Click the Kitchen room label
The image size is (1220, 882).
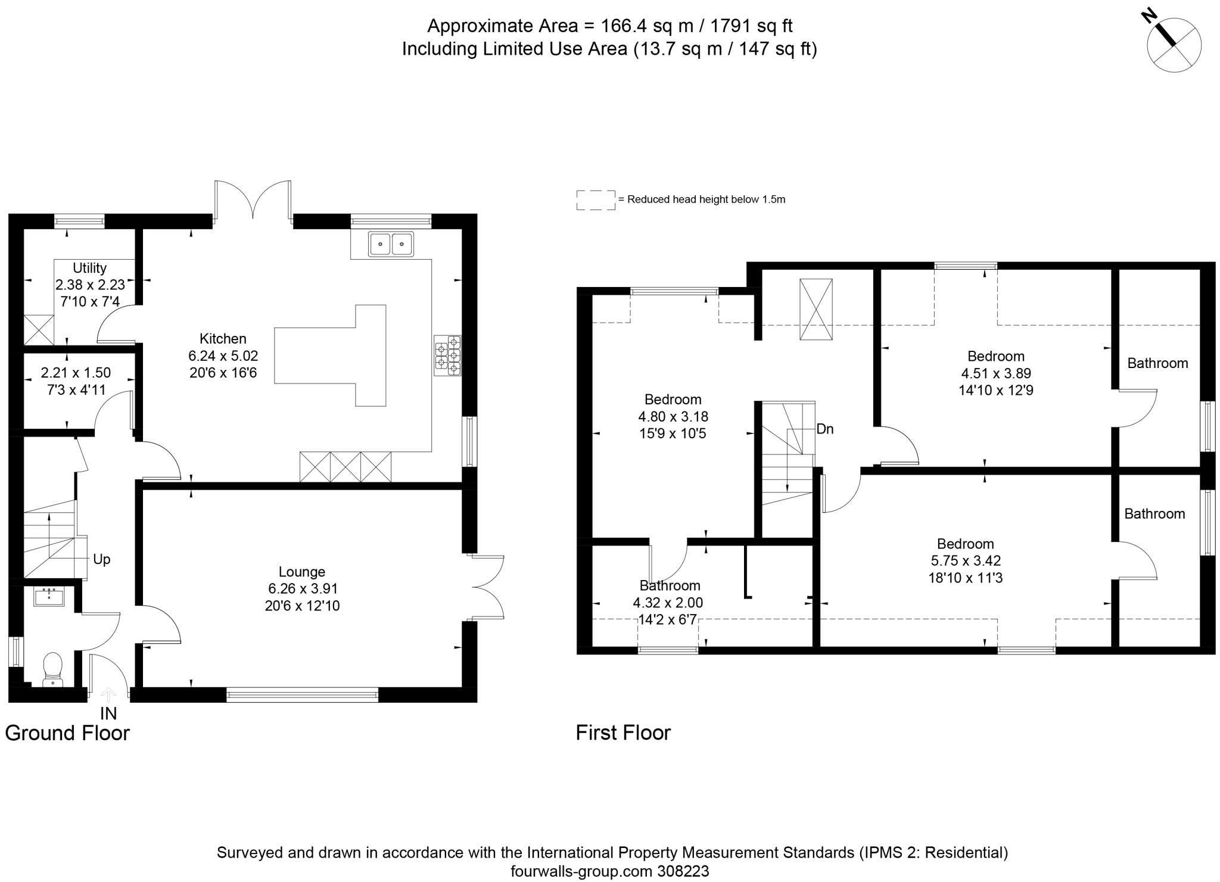pos(222,339)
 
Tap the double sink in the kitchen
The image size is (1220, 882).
pos(391,244)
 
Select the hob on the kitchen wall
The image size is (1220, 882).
pos(448,356)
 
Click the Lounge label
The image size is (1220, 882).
pos(301,572)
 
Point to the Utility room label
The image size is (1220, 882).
pos(89,268)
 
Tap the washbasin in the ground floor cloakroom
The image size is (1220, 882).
pos(49,597)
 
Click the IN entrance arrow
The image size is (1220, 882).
pos(108,696)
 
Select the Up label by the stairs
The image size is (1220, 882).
pos(102,560)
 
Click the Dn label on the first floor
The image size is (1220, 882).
pos(825,429)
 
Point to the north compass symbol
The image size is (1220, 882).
pos(1173,45)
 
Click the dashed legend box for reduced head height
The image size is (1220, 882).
pos(596,200)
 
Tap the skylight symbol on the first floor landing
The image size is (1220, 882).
pos(816,309)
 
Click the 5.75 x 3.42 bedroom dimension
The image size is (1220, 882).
pos(965,561)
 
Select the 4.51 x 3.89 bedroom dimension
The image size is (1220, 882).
pos(995,373)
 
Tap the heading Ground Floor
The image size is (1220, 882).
pos(67,733)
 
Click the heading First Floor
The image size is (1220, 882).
pos(623,733)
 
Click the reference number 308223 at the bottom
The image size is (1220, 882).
pos(683,871)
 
